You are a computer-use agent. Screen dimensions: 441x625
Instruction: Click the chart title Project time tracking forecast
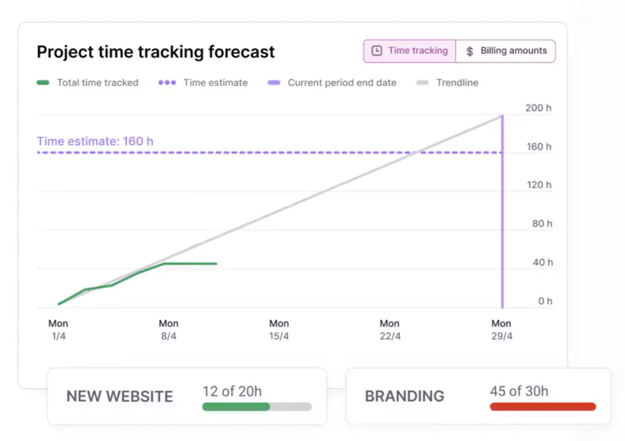click(x=156, y=52)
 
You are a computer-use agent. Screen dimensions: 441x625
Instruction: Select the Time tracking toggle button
click(x=410, y=51)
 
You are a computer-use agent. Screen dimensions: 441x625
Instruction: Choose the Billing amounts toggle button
click(x=506, y=51)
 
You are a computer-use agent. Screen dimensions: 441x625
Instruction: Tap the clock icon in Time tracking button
click(x=377, y=51)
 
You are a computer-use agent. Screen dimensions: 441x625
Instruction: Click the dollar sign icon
click(x=470, y=51)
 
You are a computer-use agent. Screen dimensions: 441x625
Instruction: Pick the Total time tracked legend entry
click(x=87, y=83)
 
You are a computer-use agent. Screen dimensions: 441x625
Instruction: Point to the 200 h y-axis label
click(x=539, y=108)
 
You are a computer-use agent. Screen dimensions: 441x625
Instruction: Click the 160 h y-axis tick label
click(x=539, y=147)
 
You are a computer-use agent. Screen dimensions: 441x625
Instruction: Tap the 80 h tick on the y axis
click(x=541, y=224)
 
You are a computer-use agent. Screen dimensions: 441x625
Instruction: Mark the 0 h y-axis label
click(x=545, y=301)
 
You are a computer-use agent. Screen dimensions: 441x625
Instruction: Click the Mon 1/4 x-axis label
click(x=58, y=329)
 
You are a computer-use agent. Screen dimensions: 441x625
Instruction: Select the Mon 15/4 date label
click(x=279, y=329)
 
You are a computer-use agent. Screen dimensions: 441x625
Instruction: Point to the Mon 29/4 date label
click(x=501, y=329)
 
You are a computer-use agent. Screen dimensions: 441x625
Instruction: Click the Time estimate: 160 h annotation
click(x=95, y=142)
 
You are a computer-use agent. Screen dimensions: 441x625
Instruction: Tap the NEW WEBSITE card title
click(x=119, y=397)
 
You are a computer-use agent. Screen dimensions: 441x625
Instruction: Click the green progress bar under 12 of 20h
click(x=235, y=407)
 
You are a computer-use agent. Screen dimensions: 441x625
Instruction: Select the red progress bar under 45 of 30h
click(x=542, y=406)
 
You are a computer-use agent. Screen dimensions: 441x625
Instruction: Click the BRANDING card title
click(x=404, y=397)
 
